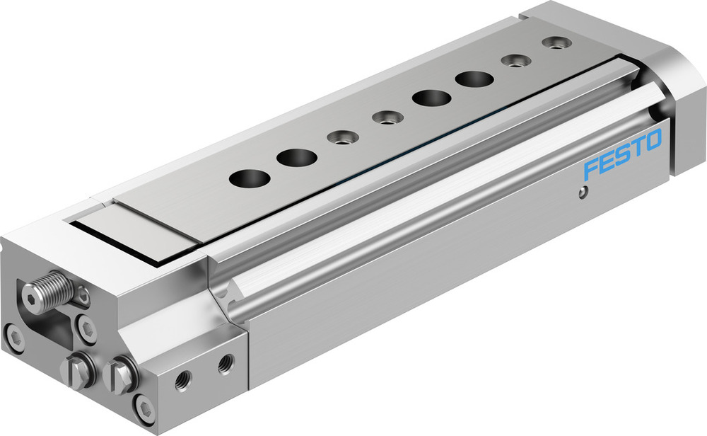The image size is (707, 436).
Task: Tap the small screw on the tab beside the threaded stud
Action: pyautogui.click(x=83, y=297)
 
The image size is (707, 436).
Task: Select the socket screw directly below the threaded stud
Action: pyautogui.click(x=86, y=327)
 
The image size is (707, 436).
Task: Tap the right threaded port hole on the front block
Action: pyautogui.click(x=226, y=364)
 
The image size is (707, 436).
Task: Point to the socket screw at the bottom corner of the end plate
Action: pyautogui.click(x=146, y=410)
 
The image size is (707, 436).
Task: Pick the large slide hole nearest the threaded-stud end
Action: pyautogui.click(x=244, y=177)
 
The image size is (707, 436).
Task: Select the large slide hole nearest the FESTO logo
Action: pyautogui.click(x=473, y=79)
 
